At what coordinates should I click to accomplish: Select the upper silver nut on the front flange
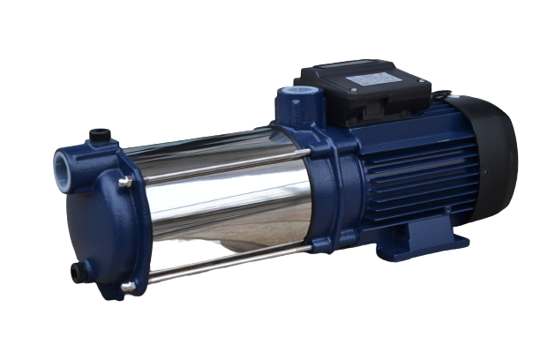[x=125, y=183]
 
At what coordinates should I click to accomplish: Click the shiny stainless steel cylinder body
[x=221, y=207]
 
